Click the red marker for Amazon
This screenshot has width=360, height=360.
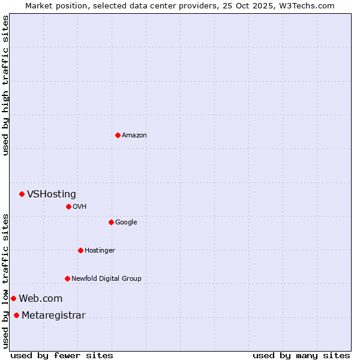118,135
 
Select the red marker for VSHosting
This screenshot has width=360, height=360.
22,194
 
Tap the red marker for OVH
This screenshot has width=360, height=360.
68,206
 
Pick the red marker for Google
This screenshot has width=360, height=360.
111,222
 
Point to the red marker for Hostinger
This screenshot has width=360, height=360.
80,250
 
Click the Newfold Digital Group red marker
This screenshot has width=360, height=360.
67,278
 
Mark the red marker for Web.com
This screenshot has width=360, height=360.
13,298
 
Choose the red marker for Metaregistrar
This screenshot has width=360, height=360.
16,316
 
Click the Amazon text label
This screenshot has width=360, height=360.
134,136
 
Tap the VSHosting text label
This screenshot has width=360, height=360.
52,194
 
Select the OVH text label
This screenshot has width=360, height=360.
80,207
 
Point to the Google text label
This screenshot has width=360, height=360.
126,223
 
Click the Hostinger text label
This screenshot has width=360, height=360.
100,251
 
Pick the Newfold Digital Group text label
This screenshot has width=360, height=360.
106,279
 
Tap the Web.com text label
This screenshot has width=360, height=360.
40,299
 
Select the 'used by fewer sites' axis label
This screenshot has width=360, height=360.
62,355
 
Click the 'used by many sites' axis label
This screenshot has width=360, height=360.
301,355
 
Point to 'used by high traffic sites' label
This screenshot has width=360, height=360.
6,85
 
